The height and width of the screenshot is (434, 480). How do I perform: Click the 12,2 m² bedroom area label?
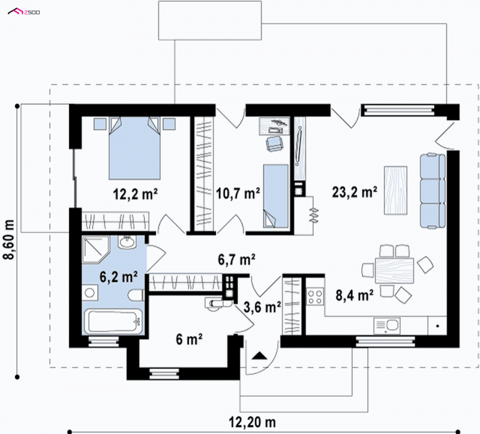(x=136, y=193)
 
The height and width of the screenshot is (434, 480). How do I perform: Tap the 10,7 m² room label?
(x=238, y=193)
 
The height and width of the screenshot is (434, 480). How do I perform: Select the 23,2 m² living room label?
(x=355, y=192)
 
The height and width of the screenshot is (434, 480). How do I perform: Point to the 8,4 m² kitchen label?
(x=355, y=295)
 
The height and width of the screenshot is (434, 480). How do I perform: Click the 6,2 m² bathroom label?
(x=118, y=277)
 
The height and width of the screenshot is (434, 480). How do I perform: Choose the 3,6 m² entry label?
(x=262, y=307)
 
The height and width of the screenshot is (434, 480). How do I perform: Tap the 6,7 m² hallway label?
(x=236, y=259)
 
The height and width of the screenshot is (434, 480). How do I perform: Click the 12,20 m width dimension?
(x=253, y=423)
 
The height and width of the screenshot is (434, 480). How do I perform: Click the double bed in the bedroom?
(x=134, y=148)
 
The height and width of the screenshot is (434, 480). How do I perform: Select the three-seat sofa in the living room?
(x=433, y=191)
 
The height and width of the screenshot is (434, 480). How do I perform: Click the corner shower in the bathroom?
(x=96, y=250)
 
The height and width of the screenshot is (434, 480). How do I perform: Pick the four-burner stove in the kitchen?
(x=315, y=296)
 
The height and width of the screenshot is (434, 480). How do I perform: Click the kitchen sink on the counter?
(x=386, y=325)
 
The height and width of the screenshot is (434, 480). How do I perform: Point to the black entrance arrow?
(x=259, y=355)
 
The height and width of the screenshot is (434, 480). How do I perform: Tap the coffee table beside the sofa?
(x=395, y=190)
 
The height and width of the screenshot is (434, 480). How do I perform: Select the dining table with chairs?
(x=394, y=271)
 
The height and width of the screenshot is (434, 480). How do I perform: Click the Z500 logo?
(x=24, y=12)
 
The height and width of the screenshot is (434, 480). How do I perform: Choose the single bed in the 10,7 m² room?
(x=275, y=196)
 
